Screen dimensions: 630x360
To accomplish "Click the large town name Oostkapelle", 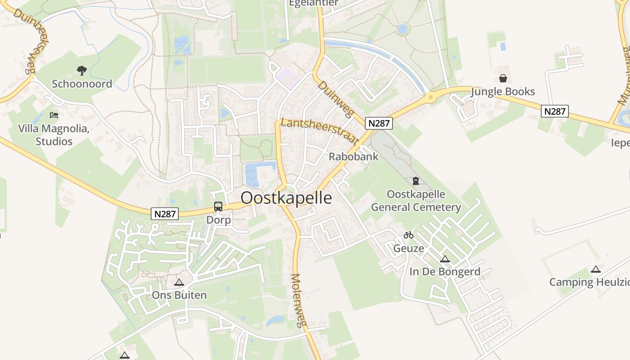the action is point(286,198).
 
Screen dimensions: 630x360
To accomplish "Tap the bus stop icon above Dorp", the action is point(218,207).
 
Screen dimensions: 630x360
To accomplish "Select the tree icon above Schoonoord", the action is point(81,70).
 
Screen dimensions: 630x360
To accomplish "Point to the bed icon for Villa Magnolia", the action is point(54,115).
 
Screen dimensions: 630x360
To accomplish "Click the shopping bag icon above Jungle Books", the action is point(503,79).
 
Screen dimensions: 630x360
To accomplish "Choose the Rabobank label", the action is point(353,157).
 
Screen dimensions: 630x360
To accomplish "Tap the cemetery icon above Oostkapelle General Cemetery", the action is point(416,181).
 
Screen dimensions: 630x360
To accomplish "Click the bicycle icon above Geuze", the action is point(409,235).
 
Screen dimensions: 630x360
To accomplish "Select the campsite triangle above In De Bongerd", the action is point(445,259).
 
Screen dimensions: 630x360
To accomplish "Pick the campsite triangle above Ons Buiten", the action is point(179,283).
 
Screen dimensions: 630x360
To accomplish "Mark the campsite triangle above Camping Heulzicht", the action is point(596,270).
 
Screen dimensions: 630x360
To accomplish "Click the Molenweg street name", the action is point(298,300).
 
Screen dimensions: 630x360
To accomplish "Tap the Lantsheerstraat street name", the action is point(319,130).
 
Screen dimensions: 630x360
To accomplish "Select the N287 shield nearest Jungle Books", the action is point(555,111).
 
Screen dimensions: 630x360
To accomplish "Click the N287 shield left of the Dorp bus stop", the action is point(165,214).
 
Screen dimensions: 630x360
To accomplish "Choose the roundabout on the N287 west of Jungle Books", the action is point(431,96).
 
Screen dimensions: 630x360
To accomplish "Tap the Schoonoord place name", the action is point(82,84).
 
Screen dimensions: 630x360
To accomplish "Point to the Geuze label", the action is point(409,248).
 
